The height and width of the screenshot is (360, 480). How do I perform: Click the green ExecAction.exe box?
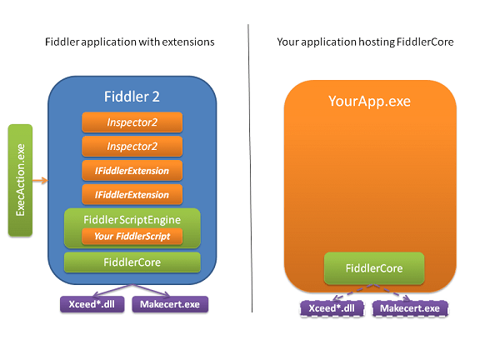tap(20, 180)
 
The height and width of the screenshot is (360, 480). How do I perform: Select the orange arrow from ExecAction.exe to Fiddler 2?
tap(40, 180)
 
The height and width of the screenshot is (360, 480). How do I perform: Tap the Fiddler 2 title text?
tap(132, 97)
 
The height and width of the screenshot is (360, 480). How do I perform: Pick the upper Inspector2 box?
tap(132, 122)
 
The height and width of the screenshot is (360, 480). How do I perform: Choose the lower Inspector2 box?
tap(132, 147)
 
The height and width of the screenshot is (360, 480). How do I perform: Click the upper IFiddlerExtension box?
tap(132, 171)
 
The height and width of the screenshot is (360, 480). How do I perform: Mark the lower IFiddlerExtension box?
tap(132, 194)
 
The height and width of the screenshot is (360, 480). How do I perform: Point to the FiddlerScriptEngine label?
tap(132, 220)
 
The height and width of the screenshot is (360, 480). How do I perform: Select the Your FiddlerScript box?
tap(132, 236)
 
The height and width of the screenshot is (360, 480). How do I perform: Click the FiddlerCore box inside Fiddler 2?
tap(132, 262)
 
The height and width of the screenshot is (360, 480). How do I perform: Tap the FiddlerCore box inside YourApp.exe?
tap(374, 268)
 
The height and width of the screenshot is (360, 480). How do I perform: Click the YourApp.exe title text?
tap(369, 102)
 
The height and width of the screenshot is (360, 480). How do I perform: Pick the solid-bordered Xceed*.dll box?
tap(92, 304)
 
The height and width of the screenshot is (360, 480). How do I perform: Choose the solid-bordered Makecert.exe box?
tap(170, 304)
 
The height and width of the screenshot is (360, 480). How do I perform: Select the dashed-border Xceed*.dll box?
tap(332, 308)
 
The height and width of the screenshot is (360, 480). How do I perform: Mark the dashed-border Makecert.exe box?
tap(410, 308)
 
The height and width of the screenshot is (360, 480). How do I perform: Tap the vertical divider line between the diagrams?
tap(250, 168)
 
